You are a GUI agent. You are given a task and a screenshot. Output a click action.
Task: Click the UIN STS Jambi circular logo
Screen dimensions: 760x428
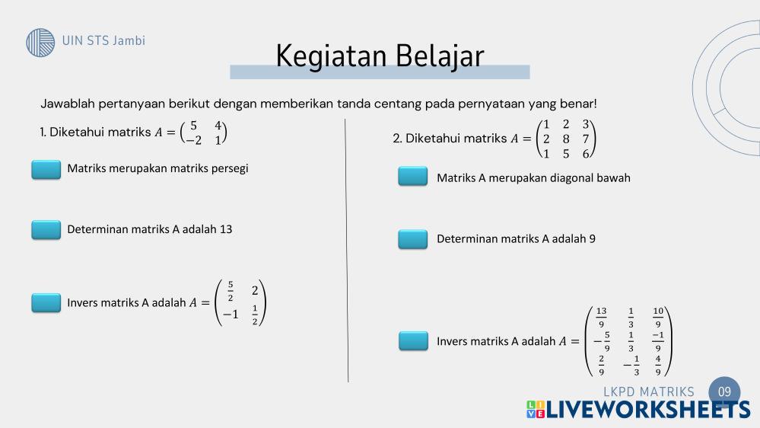[40, 42]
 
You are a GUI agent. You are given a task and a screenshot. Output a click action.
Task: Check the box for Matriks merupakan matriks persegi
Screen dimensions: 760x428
[46, 169]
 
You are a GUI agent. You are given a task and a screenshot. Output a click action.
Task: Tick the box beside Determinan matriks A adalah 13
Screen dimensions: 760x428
[46, 230]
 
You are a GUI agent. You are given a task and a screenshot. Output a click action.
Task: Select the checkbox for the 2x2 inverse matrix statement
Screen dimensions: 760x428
[46, 303]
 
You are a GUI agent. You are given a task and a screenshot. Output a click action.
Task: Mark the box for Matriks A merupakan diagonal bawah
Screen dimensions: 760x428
[413, 176]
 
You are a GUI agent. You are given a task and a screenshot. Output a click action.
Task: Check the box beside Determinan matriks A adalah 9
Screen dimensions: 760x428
[413, 239]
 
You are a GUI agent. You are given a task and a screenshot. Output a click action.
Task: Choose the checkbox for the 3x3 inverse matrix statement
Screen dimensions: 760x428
[413, 340]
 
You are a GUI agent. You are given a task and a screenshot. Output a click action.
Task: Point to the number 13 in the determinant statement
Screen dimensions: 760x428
[226, 229]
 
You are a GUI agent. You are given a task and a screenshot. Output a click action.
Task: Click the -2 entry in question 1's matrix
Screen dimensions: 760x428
[193, 140]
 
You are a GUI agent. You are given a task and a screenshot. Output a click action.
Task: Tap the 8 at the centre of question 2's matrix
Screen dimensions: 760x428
[566, 139]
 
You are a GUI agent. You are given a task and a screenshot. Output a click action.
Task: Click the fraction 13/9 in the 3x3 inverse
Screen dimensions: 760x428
[601, 318]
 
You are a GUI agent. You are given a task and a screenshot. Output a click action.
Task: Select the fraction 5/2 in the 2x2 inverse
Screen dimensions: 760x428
[231, 291]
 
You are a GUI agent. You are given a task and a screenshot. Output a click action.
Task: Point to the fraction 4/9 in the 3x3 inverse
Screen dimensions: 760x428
[658, 366]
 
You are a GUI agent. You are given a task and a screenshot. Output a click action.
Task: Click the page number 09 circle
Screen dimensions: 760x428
[724, 391]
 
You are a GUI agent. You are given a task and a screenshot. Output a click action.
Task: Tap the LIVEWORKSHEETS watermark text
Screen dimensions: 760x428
[638, 410]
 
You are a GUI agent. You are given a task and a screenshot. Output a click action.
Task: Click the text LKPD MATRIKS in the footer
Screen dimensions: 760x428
[648, 391]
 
